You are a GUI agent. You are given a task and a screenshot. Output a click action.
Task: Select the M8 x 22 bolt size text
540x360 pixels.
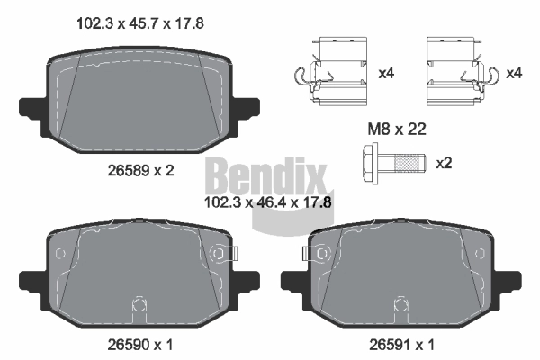[395, 130]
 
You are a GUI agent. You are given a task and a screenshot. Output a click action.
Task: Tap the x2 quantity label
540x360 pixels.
[444, 164]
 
